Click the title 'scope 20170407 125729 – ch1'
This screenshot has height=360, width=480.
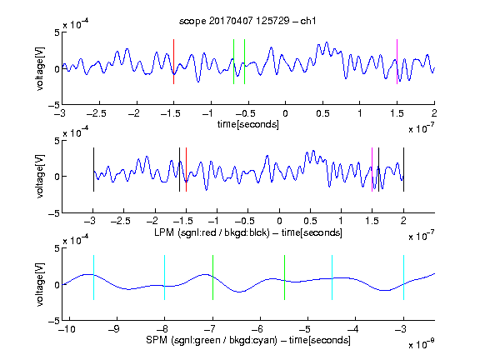click(x=247, y=21)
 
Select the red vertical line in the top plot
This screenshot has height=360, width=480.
click(x=173, y=62)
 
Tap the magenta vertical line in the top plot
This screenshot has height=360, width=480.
click(x=397, y=62)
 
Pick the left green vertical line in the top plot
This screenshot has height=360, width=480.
click(x=233, y=62)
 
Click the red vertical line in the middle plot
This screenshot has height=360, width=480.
click(x=186, y=170)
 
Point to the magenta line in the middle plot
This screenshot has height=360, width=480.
click(x=372, y=170)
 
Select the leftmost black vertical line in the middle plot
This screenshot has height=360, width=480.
click(x=93, y=170)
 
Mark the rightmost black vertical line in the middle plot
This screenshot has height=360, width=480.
click(x=403, y=170)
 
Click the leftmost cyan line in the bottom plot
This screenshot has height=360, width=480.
click(x=93, y=277)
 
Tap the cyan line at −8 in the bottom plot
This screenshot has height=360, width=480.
click(x=164, y=277)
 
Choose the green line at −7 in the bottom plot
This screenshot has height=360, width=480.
click(x=212, y=277)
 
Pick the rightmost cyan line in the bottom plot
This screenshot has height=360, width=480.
click(x=403, y=277)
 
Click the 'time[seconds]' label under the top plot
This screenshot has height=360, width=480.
click(x=248, y=124)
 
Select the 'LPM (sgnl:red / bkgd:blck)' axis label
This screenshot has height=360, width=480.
click(x=212, y=232)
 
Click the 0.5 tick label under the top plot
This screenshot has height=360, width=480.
click(x=322, y=113)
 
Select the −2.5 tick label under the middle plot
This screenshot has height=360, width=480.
click(x=121, y=221)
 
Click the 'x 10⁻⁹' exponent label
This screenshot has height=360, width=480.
click(x=422, y=344)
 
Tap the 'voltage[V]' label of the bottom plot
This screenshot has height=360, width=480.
click(x=40, y=285)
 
